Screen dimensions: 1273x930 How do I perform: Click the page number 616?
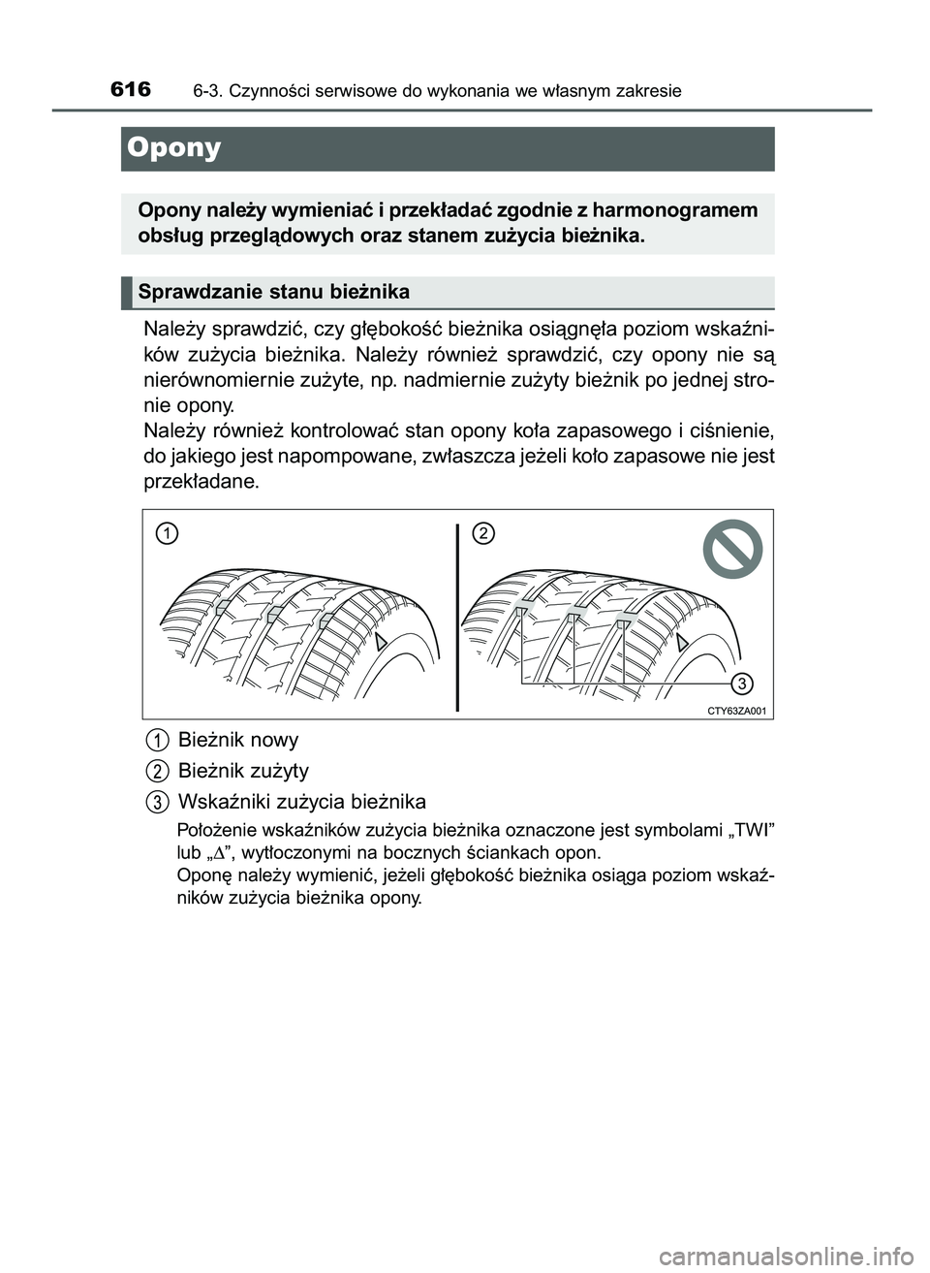point(131,89)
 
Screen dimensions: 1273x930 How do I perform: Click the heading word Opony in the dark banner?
point(174,147)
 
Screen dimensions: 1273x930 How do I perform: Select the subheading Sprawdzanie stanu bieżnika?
point(274,292)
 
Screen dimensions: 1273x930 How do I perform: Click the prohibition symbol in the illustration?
point(732,550)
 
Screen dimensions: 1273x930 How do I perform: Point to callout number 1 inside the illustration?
point(168,533)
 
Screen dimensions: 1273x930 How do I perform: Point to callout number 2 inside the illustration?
point(483,533)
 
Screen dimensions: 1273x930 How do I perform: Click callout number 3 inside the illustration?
point(741,684)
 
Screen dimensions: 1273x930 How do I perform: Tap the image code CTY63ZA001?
point(736,711)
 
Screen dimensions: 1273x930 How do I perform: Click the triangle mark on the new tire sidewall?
point(384,640)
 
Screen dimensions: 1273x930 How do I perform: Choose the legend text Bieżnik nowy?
point(238,740)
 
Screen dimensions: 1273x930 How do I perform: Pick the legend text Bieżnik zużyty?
point(243,771)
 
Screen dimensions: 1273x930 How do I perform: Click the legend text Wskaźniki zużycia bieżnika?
point(302,802)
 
